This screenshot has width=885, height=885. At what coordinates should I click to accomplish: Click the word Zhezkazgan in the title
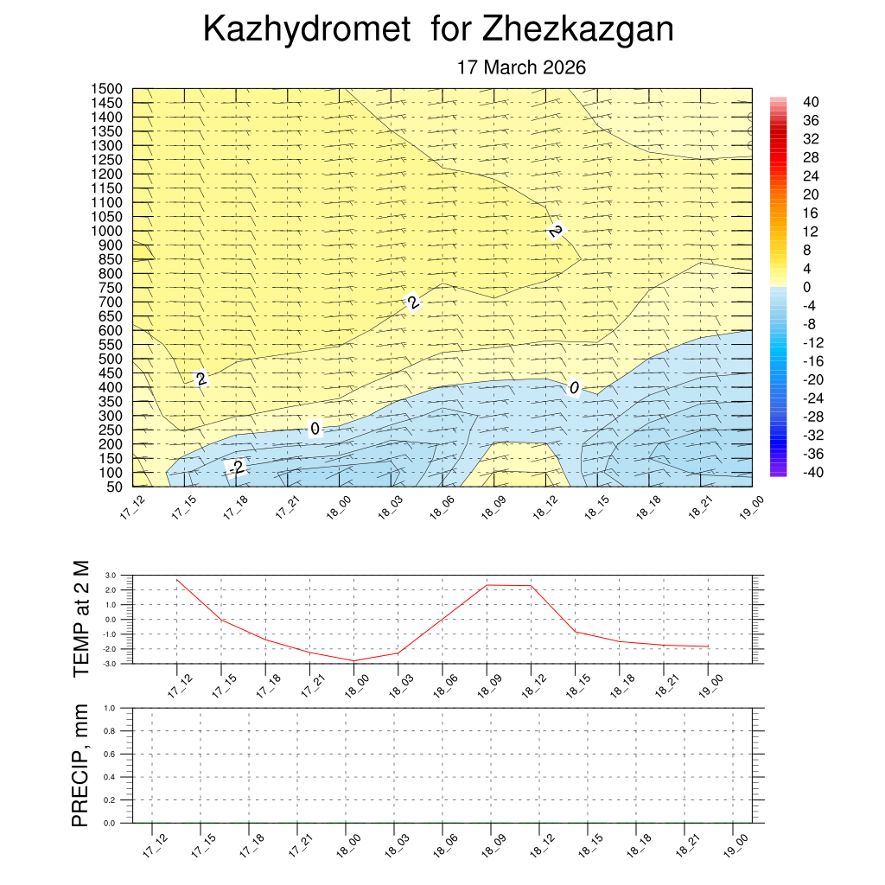pyautogui.click(x=577, y=29)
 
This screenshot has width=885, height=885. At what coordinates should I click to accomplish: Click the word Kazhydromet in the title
pyautogui.click(x=306, y=29)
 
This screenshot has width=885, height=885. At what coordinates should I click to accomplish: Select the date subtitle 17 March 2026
pyautogui.click(x=521, y=67)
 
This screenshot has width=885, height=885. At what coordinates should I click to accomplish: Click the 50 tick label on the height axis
pyautogui.click(x=113, y=487)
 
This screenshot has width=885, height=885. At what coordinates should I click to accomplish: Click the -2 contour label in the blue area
pyautogui.click(x=235, y=468)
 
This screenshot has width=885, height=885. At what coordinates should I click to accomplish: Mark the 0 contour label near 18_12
pyautogui.click(x=573, y=388)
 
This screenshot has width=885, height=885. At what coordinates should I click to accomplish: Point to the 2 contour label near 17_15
pyautogui.click(x=201, y=379)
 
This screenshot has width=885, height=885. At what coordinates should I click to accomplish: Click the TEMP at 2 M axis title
pyautogui.click(x=81, y=618)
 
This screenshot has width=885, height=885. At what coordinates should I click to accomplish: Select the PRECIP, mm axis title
pyautogui.click(x=81, y=765)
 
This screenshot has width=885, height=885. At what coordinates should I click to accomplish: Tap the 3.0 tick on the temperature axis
pyautogui.click(x=111, y=575)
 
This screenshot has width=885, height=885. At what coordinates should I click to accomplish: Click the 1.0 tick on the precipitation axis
pyautogui.click(x=111, y=708)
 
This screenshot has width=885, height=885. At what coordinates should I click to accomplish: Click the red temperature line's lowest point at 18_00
pyautogui.click(x=353, y=661)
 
